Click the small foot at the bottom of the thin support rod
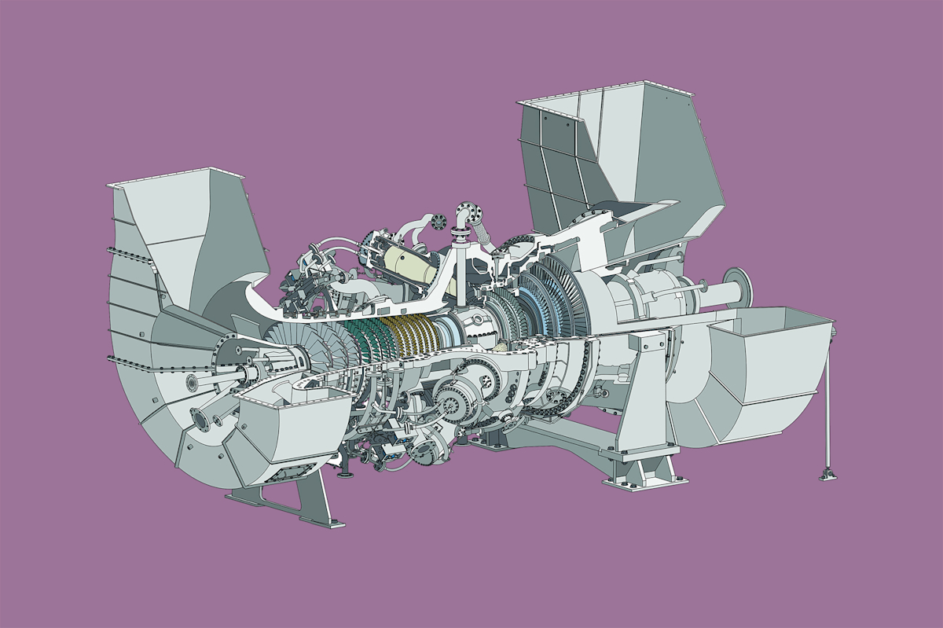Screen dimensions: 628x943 [x=825, y=474]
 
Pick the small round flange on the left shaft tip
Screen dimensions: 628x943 [x=191, y=383]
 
